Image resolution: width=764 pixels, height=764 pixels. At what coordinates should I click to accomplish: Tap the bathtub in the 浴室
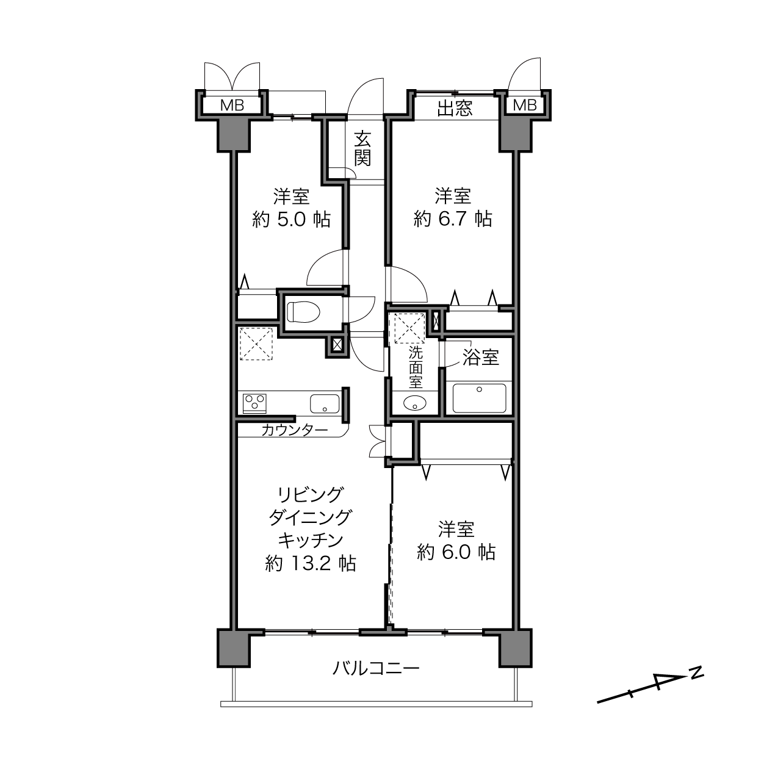[479, 398]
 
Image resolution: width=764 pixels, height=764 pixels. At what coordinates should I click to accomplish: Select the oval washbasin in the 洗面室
[415, 403]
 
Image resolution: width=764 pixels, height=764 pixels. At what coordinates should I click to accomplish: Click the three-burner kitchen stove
[254, 403]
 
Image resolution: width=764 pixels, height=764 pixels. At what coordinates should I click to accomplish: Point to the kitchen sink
[325, 403]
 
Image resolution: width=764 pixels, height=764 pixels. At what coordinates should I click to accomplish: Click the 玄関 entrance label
[362, 148]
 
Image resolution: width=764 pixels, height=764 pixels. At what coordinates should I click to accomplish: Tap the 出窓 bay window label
[455, 108]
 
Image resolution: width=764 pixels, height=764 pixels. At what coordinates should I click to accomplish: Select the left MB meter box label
[232, 105]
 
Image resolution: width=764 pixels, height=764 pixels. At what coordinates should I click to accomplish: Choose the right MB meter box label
[524, 105]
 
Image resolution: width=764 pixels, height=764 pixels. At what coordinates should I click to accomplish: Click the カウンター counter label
[295, 430]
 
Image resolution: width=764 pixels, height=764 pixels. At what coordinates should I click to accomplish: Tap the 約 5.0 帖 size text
[292, 220]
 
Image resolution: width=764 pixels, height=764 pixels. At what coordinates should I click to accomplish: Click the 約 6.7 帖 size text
[453, 219]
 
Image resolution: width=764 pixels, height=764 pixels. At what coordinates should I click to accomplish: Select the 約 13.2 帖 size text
[311, 563]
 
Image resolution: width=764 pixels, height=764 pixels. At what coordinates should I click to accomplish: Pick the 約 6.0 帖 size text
[456, 552]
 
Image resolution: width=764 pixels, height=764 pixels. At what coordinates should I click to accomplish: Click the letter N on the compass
[696, 672]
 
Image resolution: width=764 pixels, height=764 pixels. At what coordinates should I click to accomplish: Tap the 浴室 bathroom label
[480, 358]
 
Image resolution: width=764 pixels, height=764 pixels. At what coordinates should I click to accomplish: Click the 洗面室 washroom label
[416, 367]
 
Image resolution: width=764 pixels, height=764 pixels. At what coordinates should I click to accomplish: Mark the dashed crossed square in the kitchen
[256, 344]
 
